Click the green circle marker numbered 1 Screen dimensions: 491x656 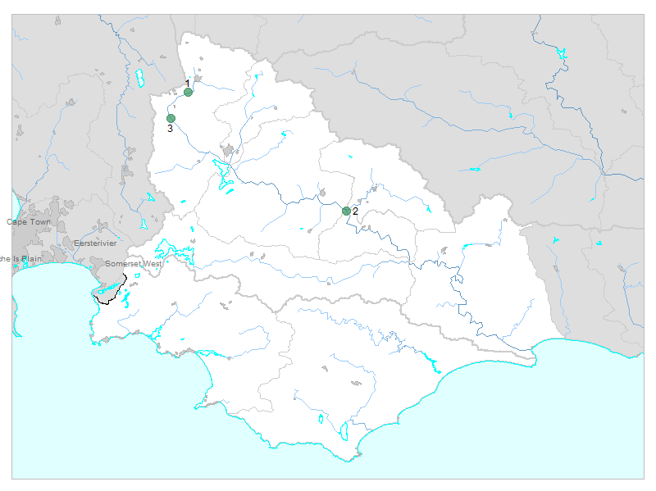188,92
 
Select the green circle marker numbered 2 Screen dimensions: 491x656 346,211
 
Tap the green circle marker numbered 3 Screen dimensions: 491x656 171,119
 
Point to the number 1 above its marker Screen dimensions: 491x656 187,83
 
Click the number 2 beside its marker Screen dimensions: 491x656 355,211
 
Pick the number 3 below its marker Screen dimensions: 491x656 170,129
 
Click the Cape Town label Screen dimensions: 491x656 29,222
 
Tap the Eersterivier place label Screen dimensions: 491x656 95,243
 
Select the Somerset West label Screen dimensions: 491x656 134,264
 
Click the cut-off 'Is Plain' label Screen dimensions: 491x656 20,259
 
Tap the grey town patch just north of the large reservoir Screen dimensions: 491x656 228,151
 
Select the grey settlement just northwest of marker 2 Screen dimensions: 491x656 323,193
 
